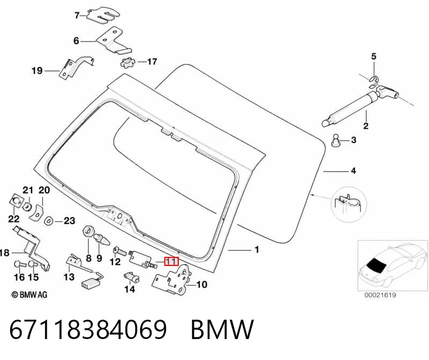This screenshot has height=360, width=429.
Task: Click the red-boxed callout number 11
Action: pyautogui.click(x=171, y=262)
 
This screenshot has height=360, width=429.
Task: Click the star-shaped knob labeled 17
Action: pyautogui.click(x=128, y=63)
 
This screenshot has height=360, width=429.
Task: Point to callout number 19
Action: pyautogui.click(x=37, y=71)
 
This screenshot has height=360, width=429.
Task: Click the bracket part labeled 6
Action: pyautogui.click(x=113, y=41)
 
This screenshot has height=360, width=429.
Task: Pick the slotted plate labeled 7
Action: pyautogui.click(x=103, y=16)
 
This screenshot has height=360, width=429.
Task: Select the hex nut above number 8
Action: pyautogui.click(x=88, y=232)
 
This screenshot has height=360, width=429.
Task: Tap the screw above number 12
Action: pyautogui.click(x=119, y=250)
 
